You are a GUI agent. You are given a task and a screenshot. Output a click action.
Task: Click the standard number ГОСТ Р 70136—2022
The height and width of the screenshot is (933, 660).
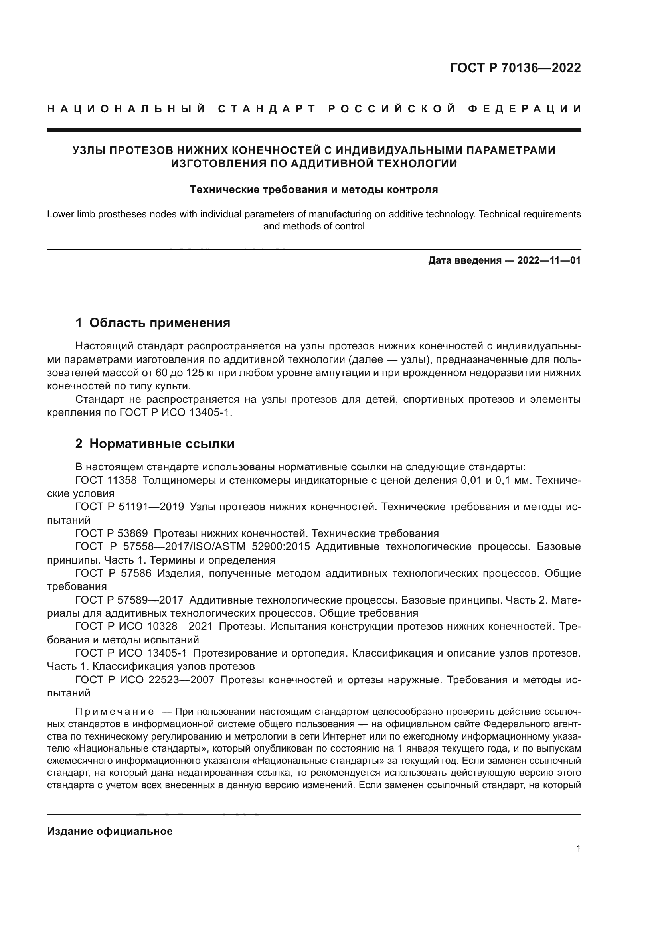tap(515, 68)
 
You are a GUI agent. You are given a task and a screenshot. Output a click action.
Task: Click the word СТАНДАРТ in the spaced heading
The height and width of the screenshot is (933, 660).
tap(267, 109)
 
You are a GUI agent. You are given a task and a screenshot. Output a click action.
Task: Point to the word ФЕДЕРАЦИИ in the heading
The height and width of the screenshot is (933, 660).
tap(525, 109)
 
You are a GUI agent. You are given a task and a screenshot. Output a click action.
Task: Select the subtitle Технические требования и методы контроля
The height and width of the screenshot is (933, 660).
tap(314, 189)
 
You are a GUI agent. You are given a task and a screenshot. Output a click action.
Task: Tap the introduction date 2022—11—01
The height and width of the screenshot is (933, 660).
tap(549, 260)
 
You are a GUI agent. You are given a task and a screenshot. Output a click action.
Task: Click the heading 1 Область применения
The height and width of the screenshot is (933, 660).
tap(153, 323)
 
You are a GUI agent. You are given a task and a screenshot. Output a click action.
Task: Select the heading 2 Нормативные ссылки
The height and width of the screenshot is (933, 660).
tap(155, 444)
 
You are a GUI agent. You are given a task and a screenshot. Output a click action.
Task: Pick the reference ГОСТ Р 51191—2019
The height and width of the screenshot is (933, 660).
tap(130, 507)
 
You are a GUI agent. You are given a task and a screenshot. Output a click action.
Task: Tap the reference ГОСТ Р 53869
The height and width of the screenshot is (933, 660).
tap(112, 533)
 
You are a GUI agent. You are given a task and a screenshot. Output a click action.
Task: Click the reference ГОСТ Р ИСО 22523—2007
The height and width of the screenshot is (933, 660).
tap(145, 679)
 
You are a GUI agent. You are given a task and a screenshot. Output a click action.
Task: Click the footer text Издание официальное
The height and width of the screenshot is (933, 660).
tap(110, 831)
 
